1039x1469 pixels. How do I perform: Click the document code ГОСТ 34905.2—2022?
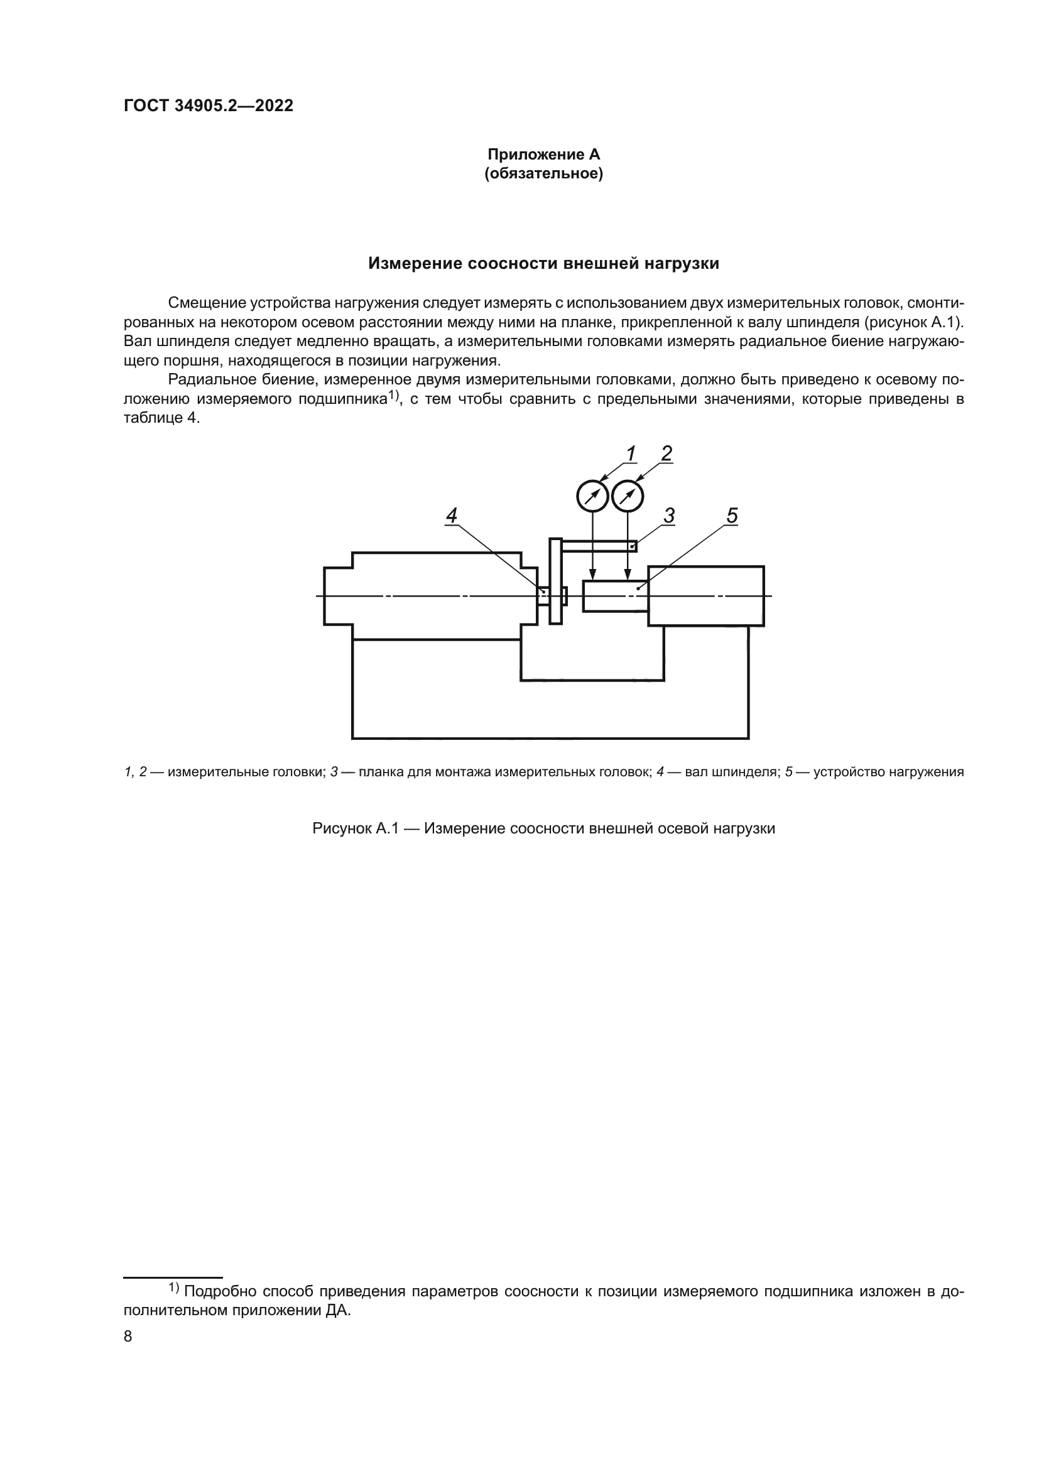[x=209, y=106]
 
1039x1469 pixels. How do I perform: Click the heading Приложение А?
[x=543, y=154]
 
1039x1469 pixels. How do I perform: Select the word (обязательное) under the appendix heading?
[x=543, y=174]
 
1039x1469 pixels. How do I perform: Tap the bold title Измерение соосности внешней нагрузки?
[x=543, y=264]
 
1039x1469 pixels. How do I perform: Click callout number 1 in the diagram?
[x=631, y=453]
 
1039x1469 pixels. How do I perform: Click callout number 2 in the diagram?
[x=666, y=453]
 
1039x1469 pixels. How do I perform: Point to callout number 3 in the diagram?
[x=669, y=516]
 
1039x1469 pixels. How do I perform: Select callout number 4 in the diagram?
[x=452, y=516]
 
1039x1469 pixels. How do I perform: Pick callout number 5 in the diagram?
[x=732, y=516]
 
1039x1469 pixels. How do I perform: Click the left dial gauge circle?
[x=592, y=496]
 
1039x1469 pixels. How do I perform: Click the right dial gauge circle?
[x=628, y=496]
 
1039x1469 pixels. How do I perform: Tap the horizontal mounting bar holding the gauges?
[x=599, y=546]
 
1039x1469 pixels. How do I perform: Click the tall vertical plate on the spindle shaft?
[x=555, y=581]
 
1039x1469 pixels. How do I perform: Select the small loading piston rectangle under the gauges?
[x=614, y=596]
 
